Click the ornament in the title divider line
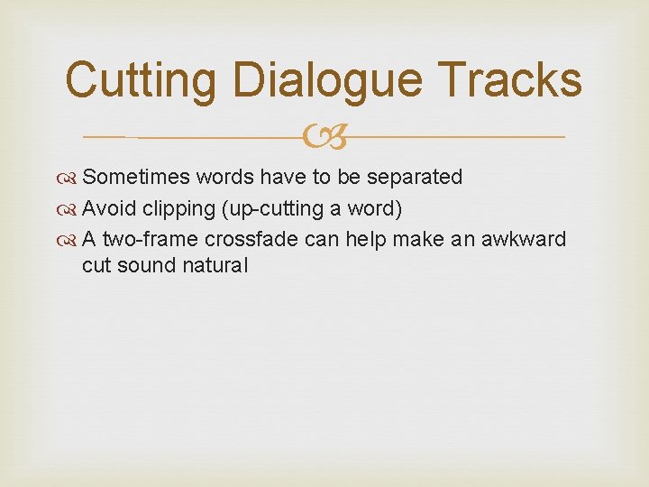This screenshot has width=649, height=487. (x=324, y=137)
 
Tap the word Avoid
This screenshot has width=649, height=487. (x=109, y=208)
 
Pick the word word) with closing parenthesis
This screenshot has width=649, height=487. (x=377, y=208)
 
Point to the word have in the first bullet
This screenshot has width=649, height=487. (x=285, y=177)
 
